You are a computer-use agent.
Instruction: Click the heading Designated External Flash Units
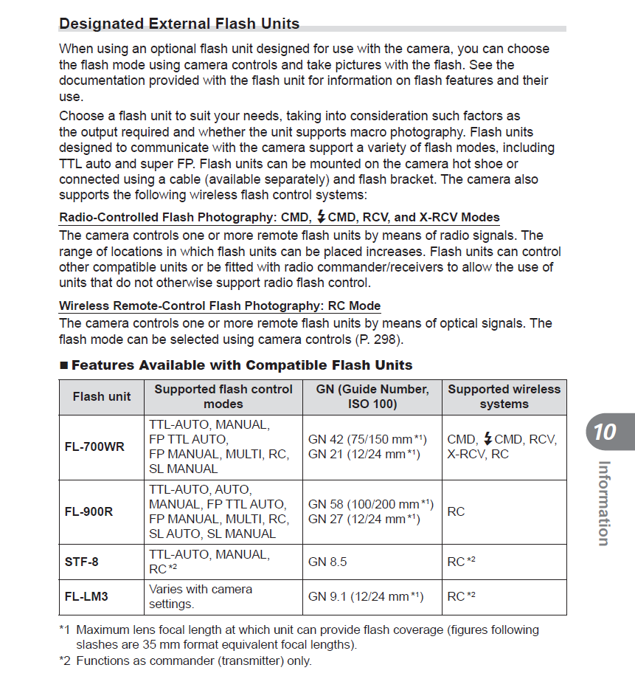pyautogui.click(x=179, y=24)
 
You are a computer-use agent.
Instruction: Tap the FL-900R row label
pyautogui.click(x=89, y=511)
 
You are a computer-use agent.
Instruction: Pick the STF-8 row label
pyautogui.click(x=81, y=562)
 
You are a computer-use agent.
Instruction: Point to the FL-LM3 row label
pyautogui.click(x=86, y=596)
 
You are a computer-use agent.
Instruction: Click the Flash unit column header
pyautogui.click(x=102, y=396)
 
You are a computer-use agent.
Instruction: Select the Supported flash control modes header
pyautogui.click(x=223, y=396)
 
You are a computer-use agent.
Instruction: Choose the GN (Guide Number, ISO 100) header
pyautogui.click(x=372, y=396)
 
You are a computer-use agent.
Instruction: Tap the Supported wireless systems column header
pyautogui.click(x=504, y=396)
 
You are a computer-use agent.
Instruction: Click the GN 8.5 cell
pyautogui.click(x=327, y=562)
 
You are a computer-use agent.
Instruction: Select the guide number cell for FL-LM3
pyautogui.click(x=366, y=596)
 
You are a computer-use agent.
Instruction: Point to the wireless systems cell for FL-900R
pyautogui.click(x=456, y=511)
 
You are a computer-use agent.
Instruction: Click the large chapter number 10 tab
pyautogui.click(x=604, y=431)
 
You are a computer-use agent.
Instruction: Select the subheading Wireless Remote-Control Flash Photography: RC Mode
pyautogui.click(x=220, y=306)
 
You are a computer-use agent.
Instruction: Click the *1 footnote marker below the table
pyautogui.click(x=65, y=630)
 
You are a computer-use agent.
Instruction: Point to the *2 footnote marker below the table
pyautogui.click(x=65, y=661)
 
